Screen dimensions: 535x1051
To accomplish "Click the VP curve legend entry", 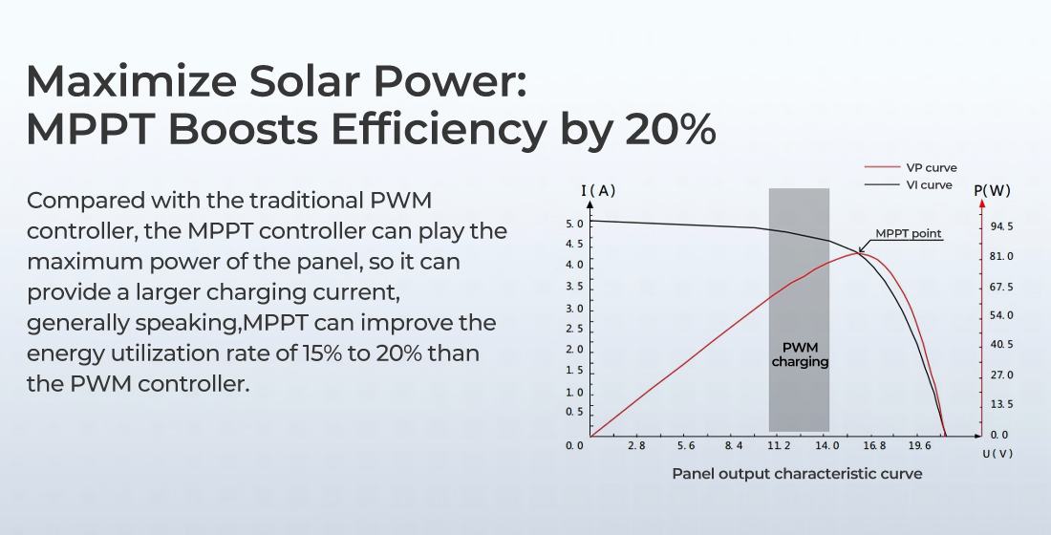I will click(931, 168).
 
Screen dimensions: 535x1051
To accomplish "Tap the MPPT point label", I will click(909, 234).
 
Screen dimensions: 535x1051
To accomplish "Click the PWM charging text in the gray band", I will click(800, 354).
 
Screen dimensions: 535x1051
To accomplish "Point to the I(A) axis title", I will click(598, 190).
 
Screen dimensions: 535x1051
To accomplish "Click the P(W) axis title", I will click(993, 190).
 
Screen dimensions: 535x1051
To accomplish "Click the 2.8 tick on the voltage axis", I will click(636, 445).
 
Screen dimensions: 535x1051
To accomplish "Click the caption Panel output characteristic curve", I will click(797, 473).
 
